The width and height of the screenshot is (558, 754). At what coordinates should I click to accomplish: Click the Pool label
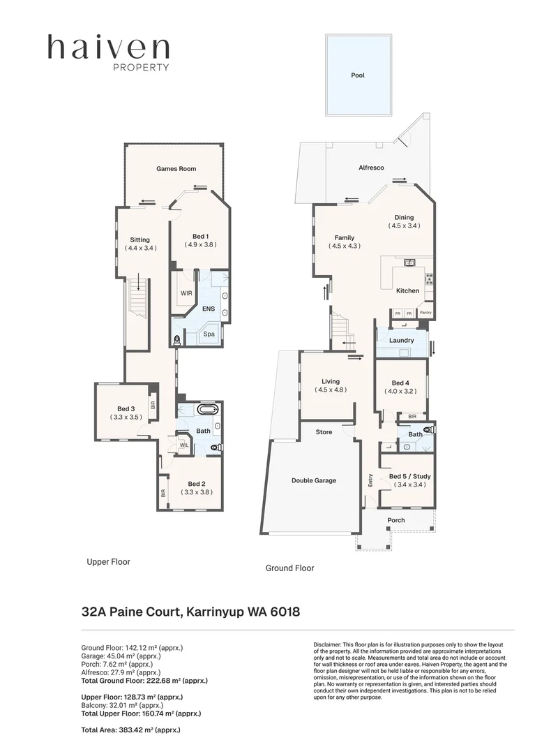358,75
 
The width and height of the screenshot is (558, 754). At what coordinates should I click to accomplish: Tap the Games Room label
176,169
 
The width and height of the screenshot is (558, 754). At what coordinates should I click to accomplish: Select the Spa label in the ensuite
209,335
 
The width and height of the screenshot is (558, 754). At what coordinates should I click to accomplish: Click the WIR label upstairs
186,293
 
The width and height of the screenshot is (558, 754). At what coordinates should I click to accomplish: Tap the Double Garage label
313,480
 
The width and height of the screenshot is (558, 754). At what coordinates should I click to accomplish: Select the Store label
324,433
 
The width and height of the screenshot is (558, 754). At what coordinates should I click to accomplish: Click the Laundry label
402,341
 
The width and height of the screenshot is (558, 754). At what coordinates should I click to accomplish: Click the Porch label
396,520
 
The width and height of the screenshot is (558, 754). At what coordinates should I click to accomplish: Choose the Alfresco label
371,168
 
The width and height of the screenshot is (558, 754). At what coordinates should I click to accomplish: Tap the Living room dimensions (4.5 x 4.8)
331,390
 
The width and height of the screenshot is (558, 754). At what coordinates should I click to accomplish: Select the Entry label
370,480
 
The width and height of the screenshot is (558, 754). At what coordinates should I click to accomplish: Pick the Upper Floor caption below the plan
108,561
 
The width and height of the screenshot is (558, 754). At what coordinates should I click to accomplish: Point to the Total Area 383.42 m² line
131,730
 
